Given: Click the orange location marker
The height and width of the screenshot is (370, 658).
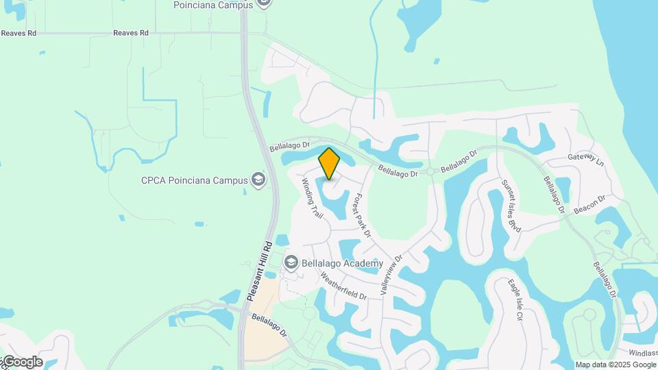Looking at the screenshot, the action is (x=329, y=163).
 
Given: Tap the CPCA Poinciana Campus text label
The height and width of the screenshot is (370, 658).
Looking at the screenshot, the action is (x=194, y=181).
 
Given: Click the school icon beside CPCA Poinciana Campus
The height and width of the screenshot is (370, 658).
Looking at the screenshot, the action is (x=258, y=180).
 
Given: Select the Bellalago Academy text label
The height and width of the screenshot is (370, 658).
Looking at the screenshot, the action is (x=344, y=264).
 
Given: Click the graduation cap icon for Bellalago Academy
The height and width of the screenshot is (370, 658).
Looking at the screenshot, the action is (x=291, y=263).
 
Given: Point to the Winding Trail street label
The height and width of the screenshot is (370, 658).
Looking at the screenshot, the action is (x=313, y=199).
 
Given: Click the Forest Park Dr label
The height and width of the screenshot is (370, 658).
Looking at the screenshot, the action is (x=361, y=215).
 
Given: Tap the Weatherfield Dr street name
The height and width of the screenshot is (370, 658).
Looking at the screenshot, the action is (x=343, y=286).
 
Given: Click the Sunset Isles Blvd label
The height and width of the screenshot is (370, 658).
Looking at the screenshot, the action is (x=511, y=206).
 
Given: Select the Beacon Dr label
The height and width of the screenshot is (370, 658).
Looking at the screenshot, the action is (x=590, y=204).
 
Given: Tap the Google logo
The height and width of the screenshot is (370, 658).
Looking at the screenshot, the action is (x=23, y=362).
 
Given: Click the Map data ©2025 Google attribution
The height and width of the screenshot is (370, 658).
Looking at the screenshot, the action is (x=616, y=365).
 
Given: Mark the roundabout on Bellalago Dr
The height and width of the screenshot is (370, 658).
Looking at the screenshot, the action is (x=430, y=171).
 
